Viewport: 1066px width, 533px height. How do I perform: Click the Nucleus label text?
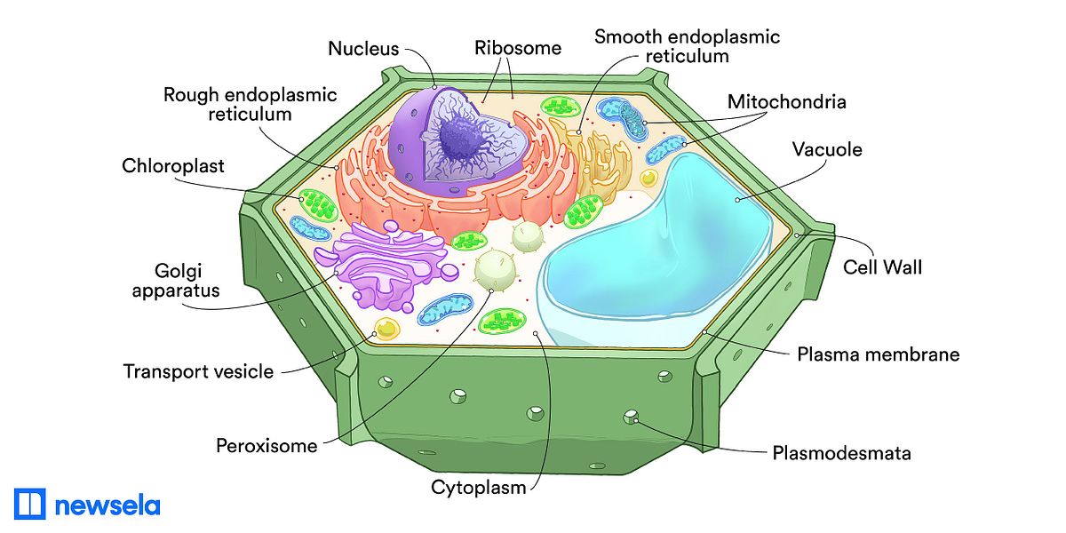coord(363,48)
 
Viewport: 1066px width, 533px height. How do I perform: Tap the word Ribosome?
coord(518,47)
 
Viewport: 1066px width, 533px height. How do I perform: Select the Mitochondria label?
coord(786,101)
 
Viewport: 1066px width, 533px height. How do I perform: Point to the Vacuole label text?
coord(827,149)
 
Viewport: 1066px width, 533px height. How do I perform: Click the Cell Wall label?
coord(882,266)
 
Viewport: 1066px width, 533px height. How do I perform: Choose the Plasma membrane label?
coord(878,354)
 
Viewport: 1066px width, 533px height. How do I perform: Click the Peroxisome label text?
coord(266,445)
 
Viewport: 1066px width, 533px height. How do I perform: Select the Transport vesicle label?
coord(198,371)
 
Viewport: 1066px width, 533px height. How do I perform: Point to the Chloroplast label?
coord(173,166)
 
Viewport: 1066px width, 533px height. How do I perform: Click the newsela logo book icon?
coord(29,504)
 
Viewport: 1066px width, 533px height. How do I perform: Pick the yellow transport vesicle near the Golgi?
coord(386,329)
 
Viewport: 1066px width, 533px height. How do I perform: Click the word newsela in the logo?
coord(107,505)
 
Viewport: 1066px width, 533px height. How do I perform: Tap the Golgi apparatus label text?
coord(175,279)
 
